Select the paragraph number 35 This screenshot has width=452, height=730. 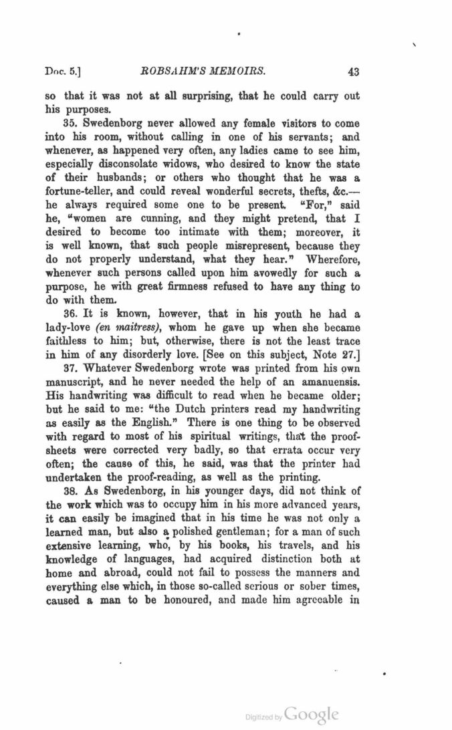72,124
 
